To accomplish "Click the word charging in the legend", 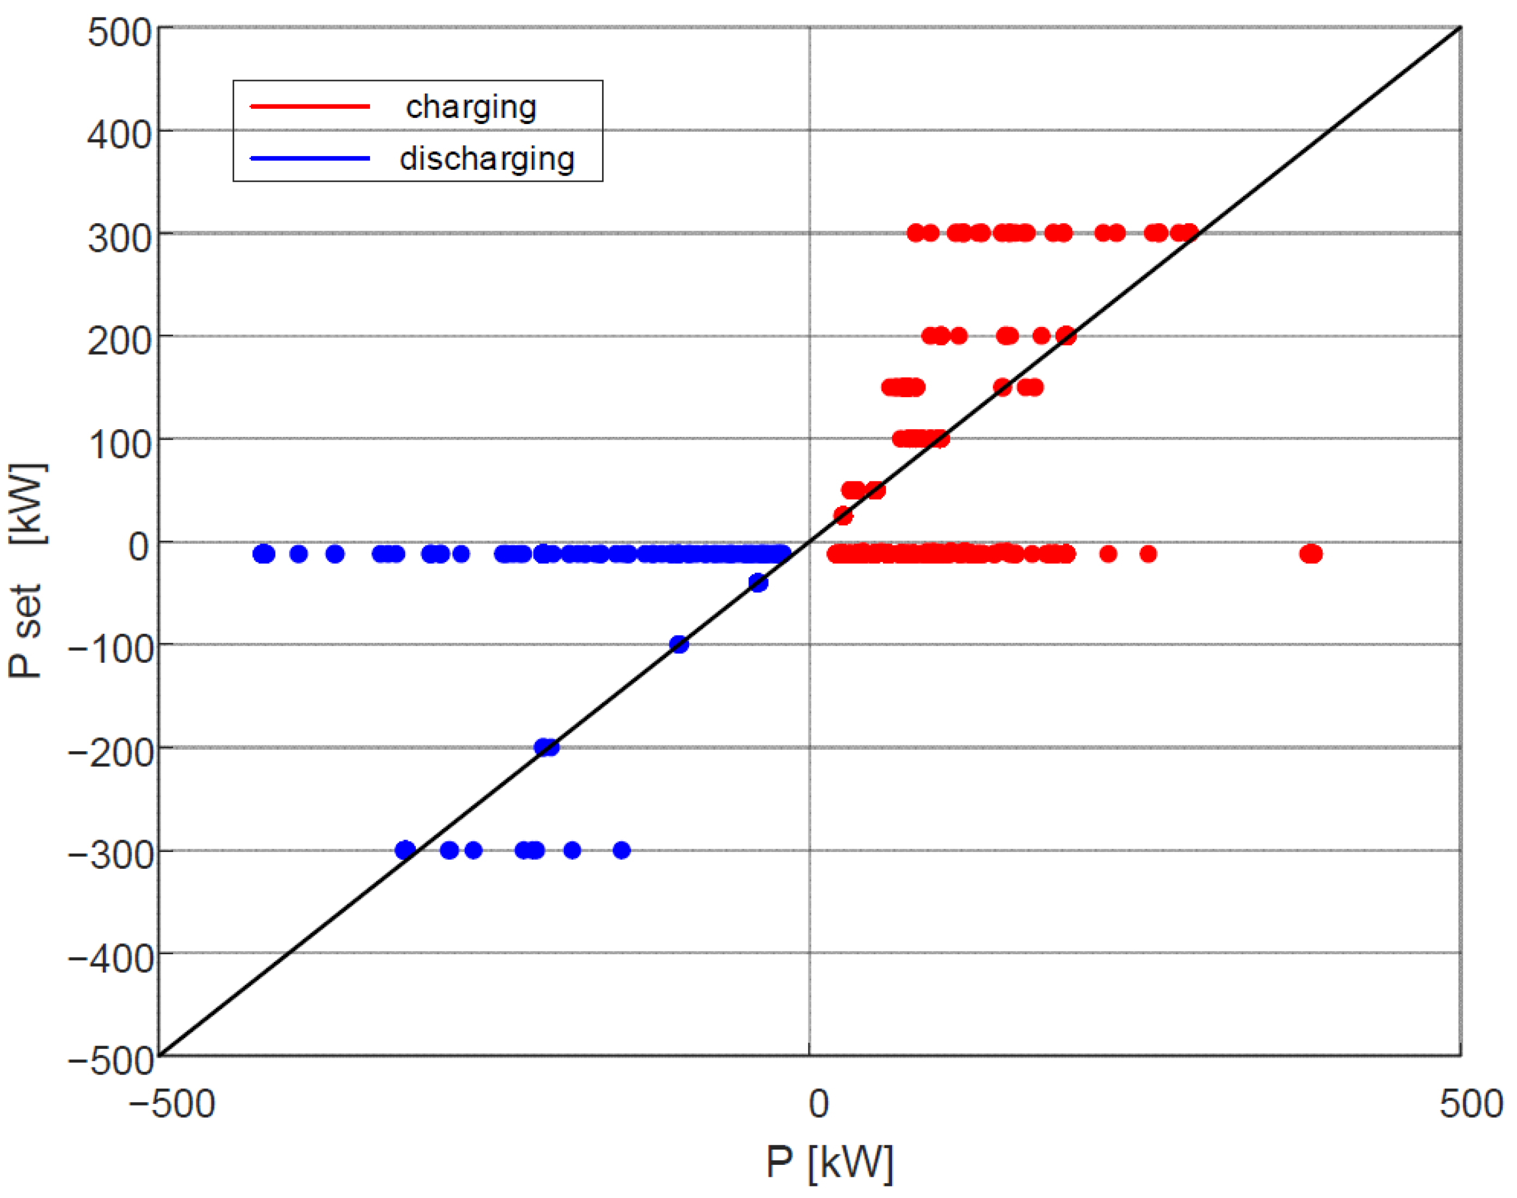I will click(471, 107).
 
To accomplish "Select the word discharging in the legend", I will click(487, 158).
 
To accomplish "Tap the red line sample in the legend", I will click(310, 107).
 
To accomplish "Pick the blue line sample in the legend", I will click(310, 158).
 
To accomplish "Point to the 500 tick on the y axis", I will click(119, 32).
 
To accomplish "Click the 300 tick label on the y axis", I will click(119, 238).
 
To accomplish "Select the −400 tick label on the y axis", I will click(111, 958).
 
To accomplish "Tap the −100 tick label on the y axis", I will click(111, 649).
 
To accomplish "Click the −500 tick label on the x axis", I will click(171, 1103).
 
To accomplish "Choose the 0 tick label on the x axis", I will click(818, 1103).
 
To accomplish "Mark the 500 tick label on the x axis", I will click(1471, 1103).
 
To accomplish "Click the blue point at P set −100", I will click(679, 645).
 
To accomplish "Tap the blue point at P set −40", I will click(758, 583).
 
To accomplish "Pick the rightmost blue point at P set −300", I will click(622, 851).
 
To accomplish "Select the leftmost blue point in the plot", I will click(262, 554).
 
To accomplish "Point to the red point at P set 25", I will click(843, 516).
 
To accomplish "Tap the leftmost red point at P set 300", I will click(915, 233).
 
